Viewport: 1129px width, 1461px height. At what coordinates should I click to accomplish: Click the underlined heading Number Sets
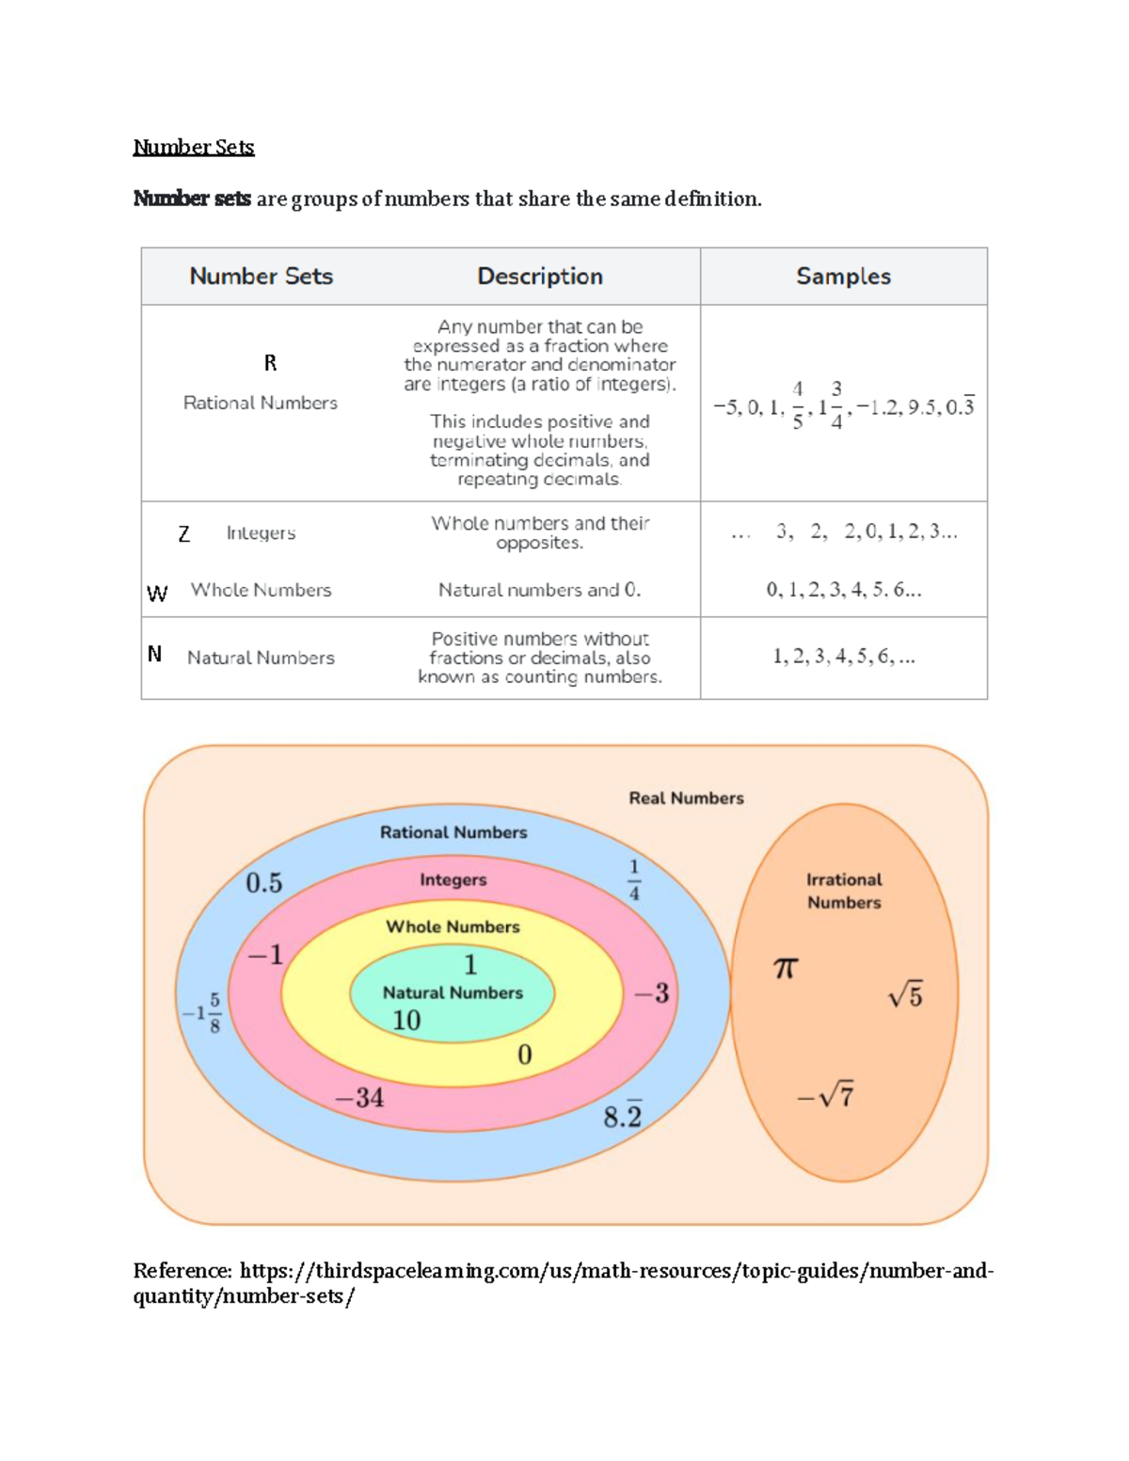click(x=193, y=147)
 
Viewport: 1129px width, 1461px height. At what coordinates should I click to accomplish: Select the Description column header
click(x=539, y=276)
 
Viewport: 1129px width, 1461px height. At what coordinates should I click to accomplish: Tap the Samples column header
click(x=843, y=276)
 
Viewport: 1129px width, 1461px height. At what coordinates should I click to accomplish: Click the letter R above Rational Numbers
click(x=270, y=363)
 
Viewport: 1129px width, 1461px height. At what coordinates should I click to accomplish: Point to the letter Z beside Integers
click(x=184, y=534)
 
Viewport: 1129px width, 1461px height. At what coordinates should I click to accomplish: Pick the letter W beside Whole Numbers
click(x=157, y=594)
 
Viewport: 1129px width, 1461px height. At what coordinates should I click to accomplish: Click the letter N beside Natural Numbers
click(x=155, y=654)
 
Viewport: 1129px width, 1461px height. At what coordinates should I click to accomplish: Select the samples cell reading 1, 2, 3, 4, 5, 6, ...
click(x=843, y=657)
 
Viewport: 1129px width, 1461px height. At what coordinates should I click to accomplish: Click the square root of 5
click(x=905, y=995)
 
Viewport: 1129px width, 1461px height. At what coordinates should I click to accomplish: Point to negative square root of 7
click(x=825, y=1096)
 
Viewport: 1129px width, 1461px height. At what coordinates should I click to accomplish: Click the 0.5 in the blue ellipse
click(x=263, y=882)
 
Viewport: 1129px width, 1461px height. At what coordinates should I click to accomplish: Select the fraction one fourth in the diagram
click(x=634, y=880)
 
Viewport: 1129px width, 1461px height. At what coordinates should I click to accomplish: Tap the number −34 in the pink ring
click(x=359, y=1097)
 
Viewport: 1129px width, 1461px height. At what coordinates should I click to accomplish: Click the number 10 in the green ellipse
click(x=406, y=1020)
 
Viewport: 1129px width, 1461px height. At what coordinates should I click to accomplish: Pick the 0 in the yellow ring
click(x=525, y=1055)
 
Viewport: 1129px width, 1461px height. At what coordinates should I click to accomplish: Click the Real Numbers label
click(x=686, y=798)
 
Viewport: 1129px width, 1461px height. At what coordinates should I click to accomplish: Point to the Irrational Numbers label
click(x=844, y=891)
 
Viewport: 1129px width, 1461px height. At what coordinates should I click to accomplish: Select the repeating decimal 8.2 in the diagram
click(x=622, y=1116)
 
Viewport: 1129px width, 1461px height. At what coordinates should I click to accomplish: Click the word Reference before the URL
click(x=182, y=1271)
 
